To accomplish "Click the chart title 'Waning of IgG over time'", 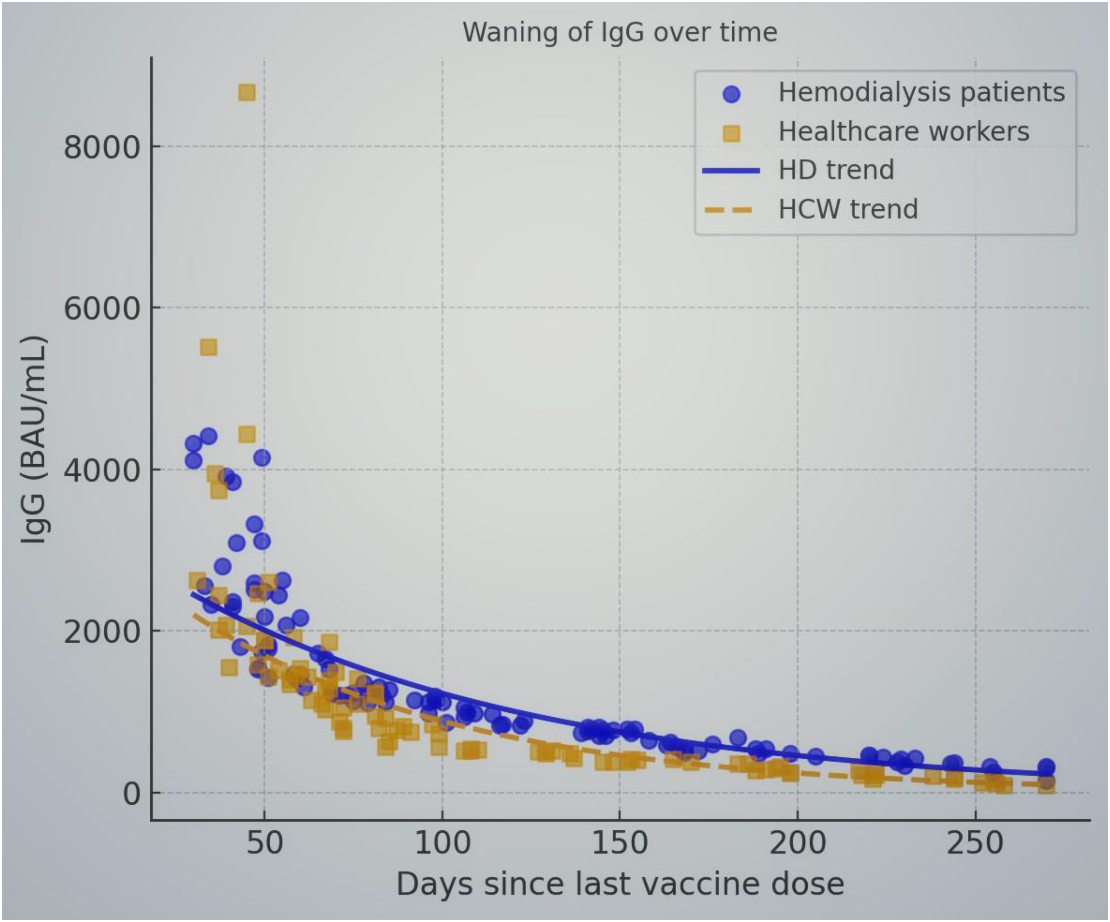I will coord(620,33).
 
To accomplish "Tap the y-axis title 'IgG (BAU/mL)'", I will coord(34,440).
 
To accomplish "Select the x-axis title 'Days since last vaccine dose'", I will coord(620,884).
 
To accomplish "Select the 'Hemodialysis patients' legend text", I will coord(921,92).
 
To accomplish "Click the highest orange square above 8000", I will coord(247,93).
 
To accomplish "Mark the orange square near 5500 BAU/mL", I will coord(208,347).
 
